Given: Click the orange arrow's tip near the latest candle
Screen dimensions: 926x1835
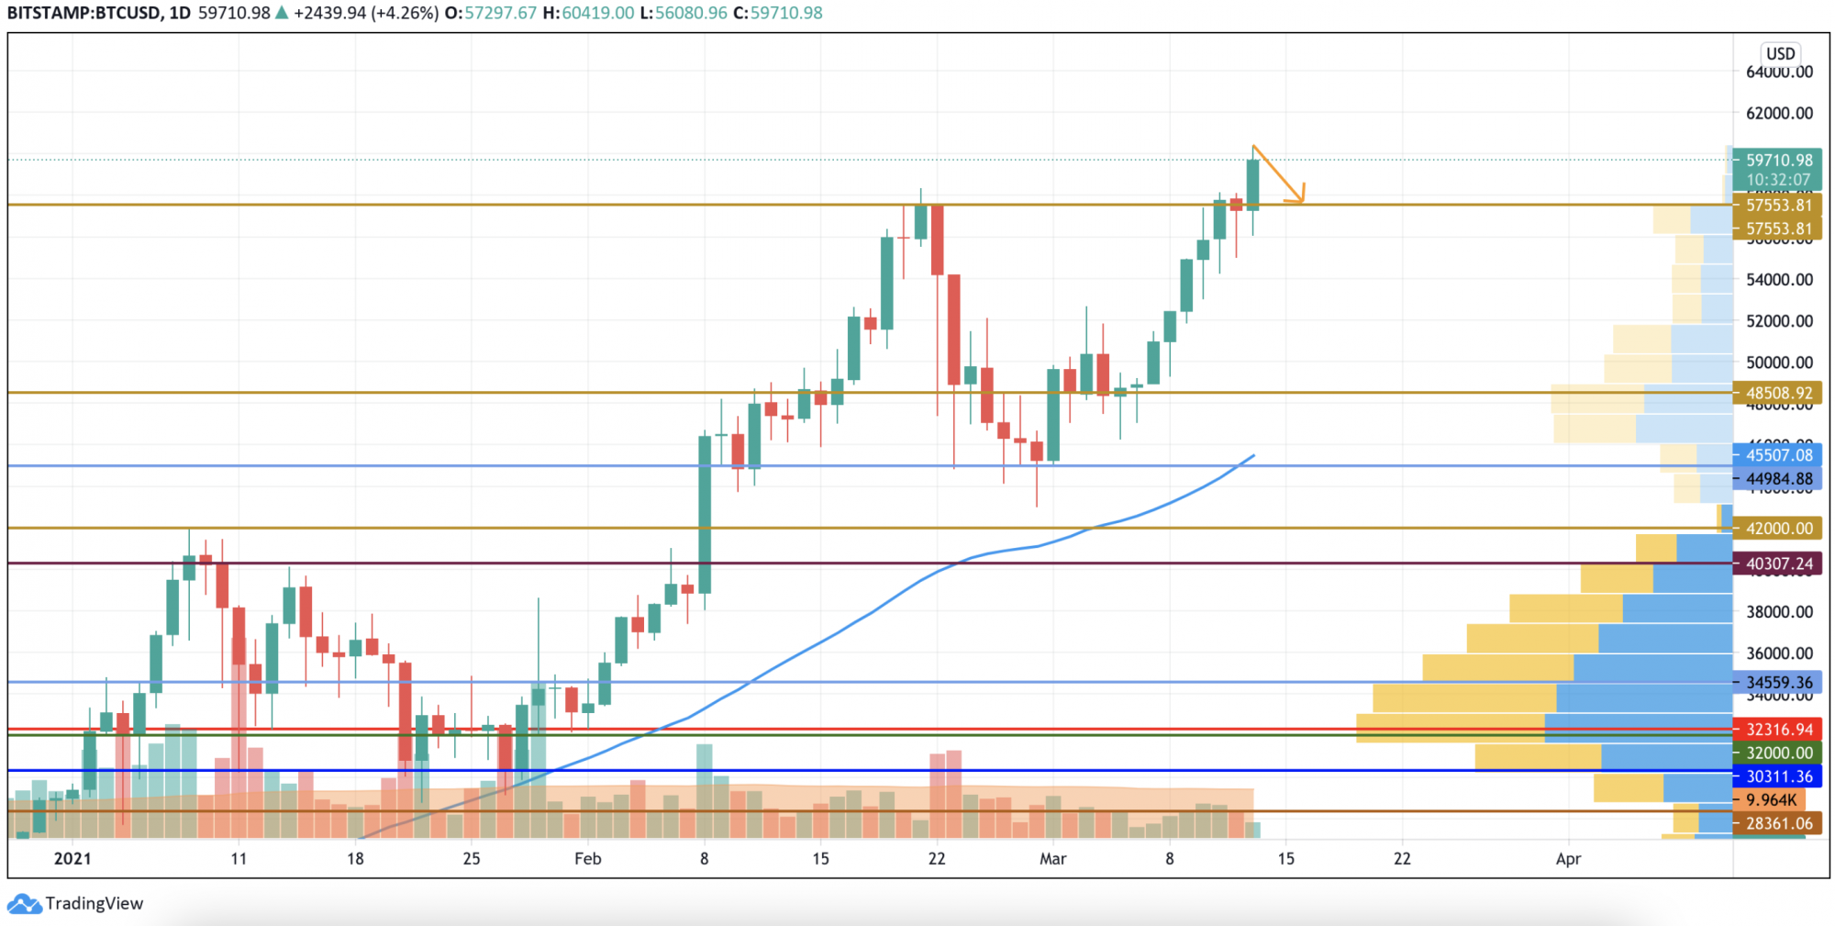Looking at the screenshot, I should click(1301, 201).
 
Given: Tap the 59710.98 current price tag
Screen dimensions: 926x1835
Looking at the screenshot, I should click(1778, 160).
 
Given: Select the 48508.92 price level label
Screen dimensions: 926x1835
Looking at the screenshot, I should click(1778, 393).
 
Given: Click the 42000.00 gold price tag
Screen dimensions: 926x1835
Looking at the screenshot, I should click(1778, 528).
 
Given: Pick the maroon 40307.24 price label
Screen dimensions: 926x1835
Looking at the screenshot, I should click(1778, 563).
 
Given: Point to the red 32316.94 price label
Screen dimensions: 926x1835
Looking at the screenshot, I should click(1778, 730).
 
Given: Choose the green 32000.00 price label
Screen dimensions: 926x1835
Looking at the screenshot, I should click(1778, 753).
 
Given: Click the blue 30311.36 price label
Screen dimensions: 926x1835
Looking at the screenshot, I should click(1778, 776).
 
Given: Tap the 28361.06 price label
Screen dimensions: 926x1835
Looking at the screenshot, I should click(1778, 823).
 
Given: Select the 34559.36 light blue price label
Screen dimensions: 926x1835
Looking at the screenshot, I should click(1778, 682).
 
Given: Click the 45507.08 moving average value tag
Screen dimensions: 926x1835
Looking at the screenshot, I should click(1778, 454).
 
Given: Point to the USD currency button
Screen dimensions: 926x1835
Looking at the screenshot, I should click(1780, 53).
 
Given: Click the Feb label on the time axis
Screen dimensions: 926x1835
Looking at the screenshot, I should click(587, 859).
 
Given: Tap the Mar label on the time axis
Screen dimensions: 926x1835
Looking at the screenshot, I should click(1052, 859).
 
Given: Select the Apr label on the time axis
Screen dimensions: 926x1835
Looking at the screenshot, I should click(1568, 859).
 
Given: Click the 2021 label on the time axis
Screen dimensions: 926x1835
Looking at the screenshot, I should click(72, 859).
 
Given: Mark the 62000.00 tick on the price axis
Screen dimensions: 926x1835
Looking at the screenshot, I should click(1779, 113).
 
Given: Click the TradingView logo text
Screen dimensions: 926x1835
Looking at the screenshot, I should click(95, 904).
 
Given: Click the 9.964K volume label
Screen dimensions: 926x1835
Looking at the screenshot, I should click(1771, 800).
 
